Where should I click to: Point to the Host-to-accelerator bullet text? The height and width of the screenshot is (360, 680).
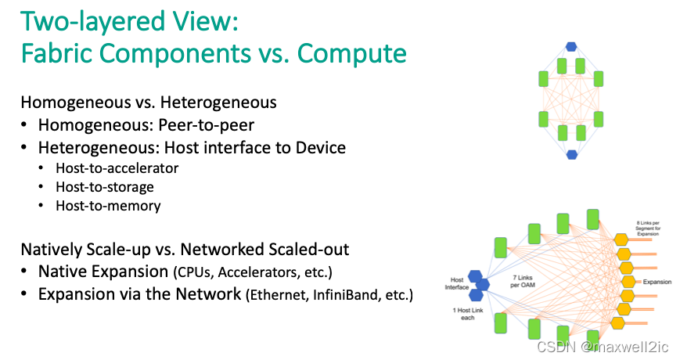point(117,167)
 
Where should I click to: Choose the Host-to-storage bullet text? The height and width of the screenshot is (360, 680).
point(105,187)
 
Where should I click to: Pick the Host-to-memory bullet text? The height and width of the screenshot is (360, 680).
point(108,206)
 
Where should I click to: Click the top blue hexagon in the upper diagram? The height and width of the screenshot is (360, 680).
point(571,46)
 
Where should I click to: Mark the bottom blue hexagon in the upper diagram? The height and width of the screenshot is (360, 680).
point(571,154)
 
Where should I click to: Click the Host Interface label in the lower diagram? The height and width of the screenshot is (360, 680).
point(457,284)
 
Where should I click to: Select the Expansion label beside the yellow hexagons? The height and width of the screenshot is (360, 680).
point(657,280)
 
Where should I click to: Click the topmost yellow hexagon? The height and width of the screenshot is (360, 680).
point(621,239)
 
